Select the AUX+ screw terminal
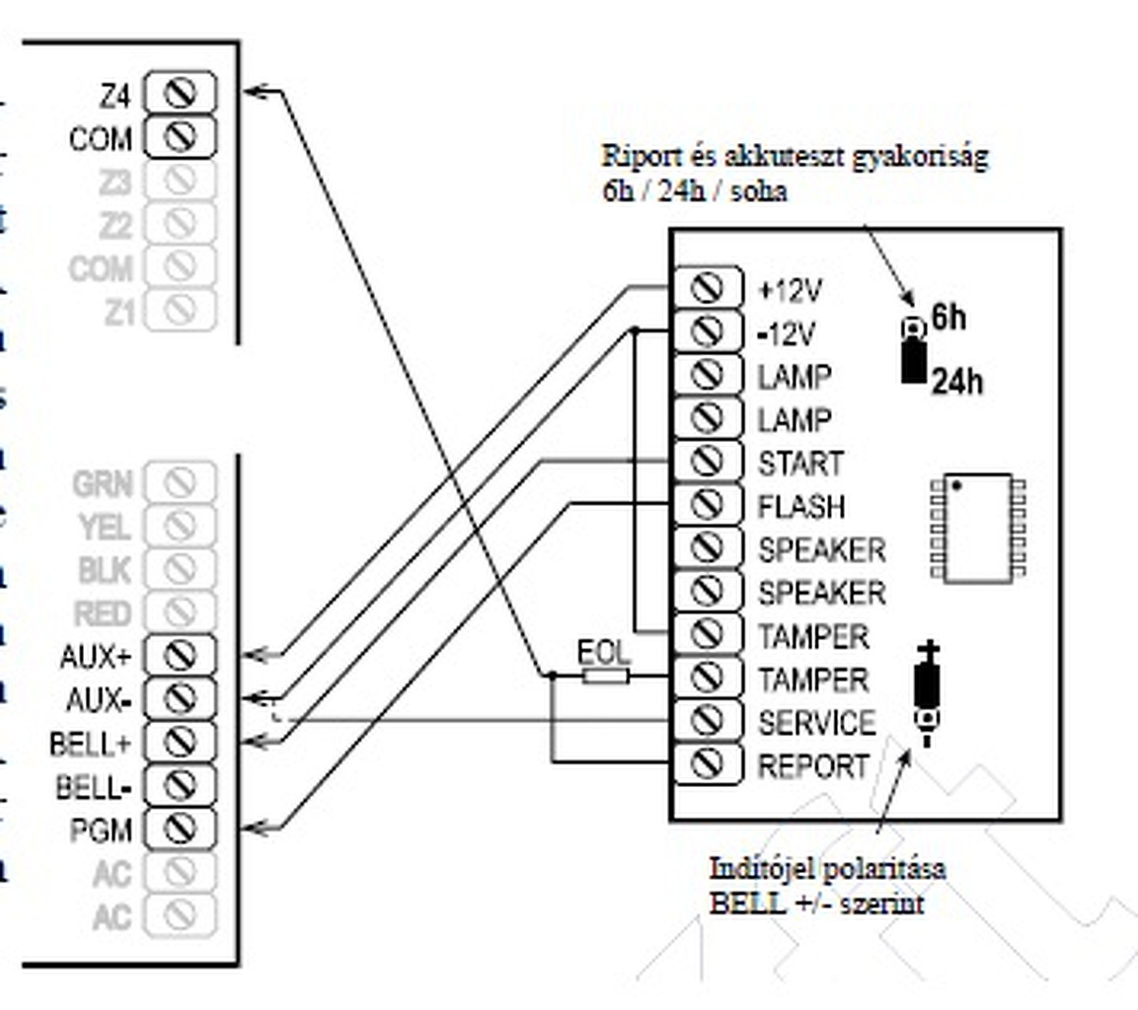click(180, 655)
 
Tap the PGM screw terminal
click(180, 829)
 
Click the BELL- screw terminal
click(180, 785)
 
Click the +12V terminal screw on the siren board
click(706, 288)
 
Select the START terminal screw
click(706, 461)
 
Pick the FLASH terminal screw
click(706, 504)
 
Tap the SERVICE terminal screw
click(706, 721)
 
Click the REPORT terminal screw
click(706, 764)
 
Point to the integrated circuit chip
click(976, 527)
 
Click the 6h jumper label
click(948, 318)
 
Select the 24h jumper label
click(957, 381)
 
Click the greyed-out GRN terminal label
click(102, 483)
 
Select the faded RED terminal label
click(103, 613)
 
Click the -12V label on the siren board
click(786, 333)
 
